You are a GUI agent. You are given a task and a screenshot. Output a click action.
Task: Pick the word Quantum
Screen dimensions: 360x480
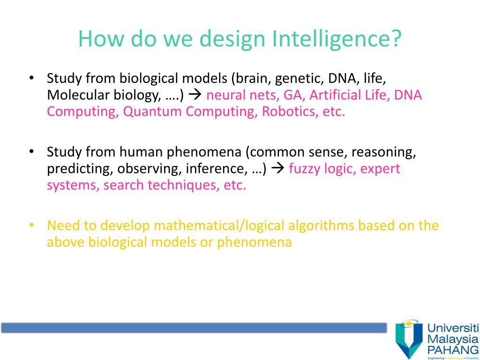pos(152,112)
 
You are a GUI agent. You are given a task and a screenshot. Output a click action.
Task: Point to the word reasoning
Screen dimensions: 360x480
pos(383,152)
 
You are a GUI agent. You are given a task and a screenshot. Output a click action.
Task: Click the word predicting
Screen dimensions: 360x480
pos(80,169)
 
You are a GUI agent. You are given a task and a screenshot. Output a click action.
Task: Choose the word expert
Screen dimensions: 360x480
pos(380,169)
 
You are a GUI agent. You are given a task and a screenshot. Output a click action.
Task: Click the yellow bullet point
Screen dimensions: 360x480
pos(31,225)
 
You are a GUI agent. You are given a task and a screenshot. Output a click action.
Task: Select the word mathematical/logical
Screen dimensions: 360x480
pos(219,225)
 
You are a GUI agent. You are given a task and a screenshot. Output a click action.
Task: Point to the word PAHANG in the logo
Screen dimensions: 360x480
pos(453,349)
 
